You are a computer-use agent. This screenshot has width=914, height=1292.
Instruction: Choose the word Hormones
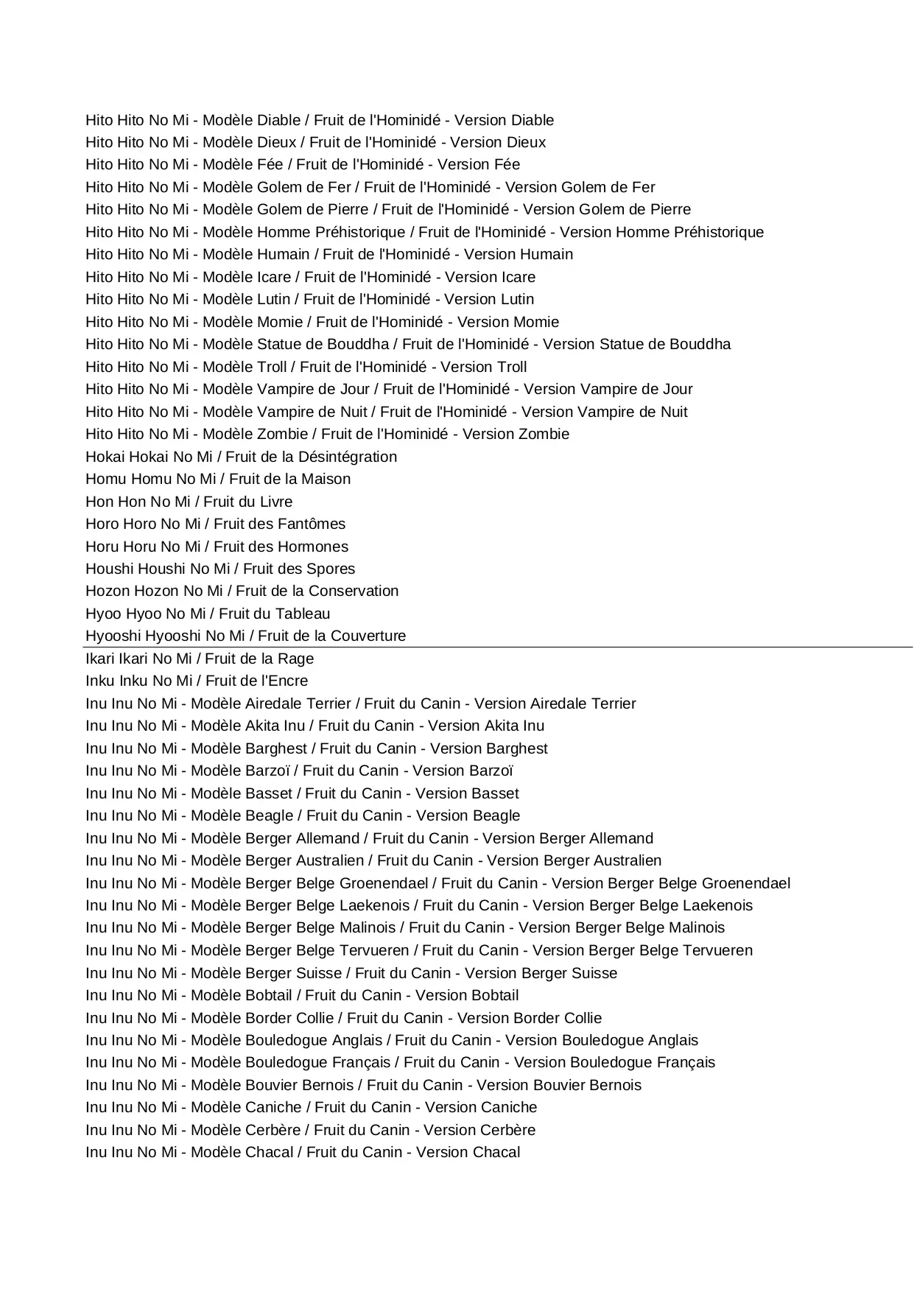313,547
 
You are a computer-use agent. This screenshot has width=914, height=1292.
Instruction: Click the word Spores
331,569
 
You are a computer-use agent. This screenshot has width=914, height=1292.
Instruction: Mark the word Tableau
303,614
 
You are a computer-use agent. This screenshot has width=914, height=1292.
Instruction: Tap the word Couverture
368,636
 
